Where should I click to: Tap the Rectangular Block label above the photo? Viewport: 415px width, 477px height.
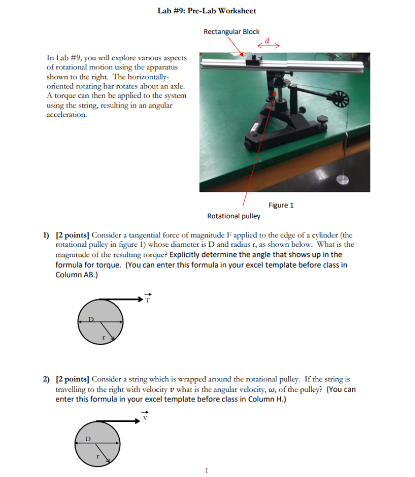[231, 32]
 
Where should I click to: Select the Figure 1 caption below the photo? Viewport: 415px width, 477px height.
[281, 205]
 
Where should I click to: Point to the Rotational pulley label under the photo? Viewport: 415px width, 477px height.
[234, 216]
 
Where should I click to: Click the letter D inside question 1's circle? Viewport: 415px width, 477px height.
[91, 319]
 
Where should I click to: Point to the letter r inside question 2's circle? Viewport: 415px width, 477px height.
[97, 457]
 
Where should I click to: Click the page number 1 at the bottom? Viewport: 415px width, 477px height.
[207, 471]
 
